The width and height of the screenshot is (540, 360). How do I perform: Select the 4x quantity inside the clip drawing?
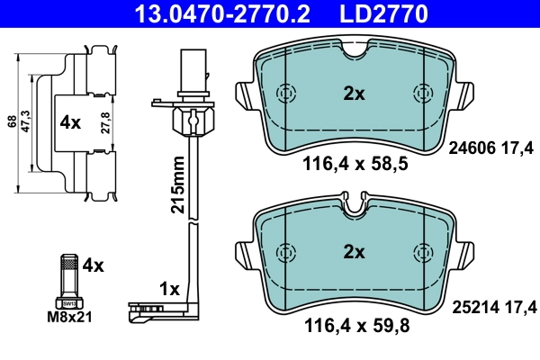tap(70, 121)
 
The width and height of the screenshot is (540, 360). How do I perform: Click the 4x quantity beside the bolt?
tap(94, 265)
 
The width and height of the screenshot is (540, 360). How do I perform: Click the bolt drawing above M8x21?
tap(67, 278)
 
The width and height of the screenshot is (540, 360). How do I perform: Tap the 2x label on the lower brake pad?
tap(355, 253)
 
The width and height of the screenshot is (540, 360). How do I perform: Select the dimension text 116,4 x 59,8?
tap(355, 327)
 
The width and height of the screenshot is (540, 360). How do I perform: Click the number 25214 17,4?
tap(490, 308)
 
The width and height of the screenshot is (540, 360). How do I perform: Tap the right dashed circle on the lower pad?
tap(421, 251)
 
